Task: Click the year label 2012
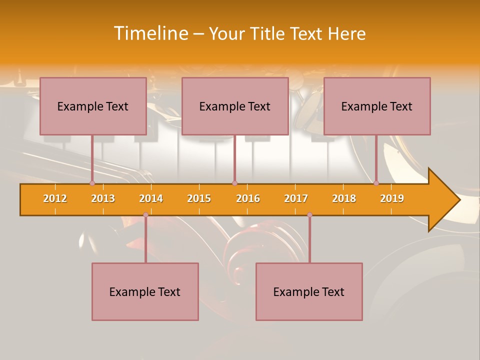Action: (55, 198)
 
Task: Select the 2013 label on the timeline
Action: (103, 198)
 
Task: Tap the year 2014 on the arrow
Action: (151, 198)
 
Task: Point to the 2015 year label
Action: (199, 198)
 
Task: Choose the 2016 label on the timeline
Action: (248, 198)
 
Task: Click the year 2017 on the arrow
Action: (296, 198)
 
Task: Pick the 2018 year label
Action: (344, 198)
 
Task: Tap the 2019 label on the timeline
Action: (392, 198)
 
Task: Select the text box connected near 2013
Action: (93, 106)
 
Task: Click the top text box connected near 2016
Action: (235, 106)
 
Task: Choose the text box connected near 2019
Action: (377, 106)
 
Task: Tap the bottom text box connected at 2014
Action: (145, 291)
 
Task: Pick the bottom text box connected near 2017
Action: (309, 291)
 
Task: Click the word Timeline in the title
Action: (150, 33)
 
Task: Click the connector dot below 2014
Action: (145, 214)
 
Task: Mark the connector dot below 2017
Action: (309, 214)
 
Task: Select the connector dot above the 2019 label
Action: (376, 183)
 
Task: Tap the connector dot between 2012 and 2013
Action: (92, 183)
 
